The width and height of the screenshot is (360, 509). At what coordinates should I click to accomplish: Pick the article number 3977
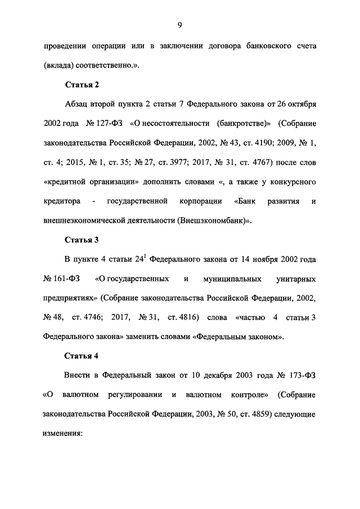click(175, 163)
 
